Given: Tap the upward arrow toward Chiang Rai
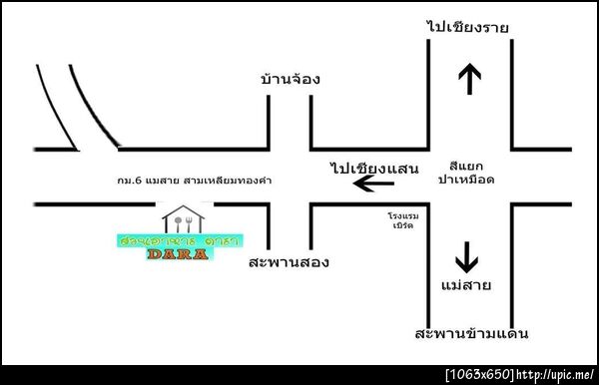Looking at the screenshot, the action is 468,78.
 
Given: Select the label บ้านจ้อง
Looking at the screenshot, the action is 290,79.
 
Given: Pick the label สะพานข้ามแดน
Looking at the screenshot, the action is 472,333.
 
